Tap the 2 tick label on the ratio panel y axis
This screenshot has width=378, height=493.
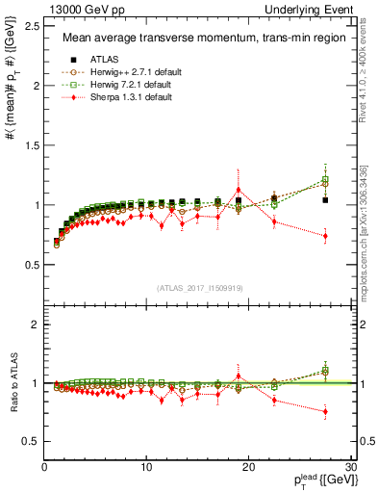click(36, 324)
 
